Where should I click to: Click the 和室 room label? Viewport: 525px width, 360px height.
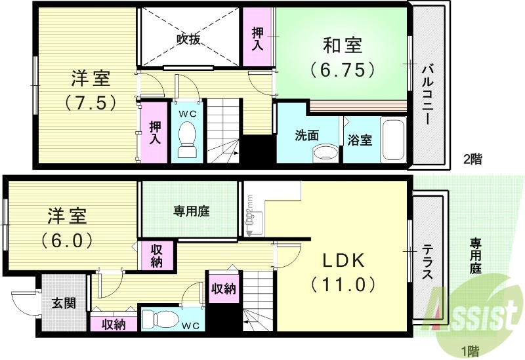tap(342, 45)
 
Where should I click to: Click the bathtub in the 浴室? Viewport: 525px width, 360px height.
tap(392, 140)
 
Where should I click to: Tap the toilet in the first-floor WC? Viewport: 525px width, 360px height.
tap(160, 320)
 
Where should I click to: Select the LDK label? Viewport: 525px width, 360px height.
tap(342, 260)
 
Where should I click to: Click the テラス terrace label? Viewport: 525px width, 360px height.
tap(427, 262)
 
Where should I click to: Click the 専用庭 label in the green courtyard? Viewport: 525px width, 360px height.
tap(191, 211)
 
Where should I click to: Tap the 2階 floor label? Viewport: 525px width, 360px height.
tap(472, 159)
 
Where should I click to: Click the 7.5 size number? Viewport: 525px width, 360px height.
tap(91, 103)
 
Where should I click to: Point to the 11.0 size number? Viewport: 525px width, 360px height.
tap(342, 285)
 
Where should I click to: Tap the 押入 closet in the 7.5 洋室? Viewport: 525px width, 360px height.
tap(156, 132)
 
